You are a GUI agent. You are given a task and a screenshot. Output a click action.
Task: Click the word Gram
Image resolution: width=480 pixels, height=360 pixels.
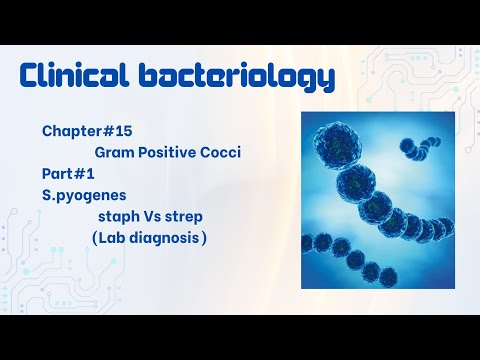coord(114,153)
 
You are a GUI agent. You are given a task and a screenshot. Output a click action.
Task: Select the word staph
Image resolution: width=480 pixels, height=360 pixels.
coord(117,216)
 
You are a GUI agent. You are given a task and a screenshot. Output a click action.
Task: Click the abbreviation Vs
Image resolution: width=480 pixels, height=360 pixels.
coord(153,216)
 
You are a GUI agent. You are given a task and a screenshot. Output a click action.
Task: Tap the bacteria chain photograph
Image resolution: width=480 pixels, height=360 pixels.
coord(372,200)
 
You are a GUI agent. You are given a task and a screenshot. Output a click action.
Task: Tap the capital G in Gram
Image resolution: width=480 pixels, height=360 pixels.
coord(101,153)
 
